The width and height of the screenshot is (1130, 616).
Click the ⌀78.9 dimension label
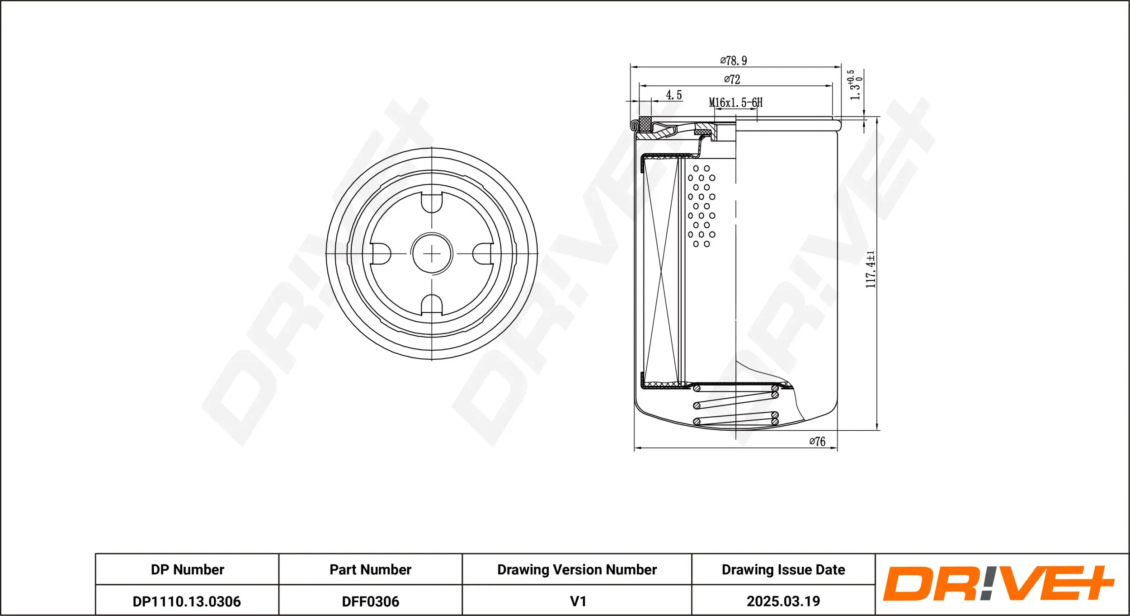tap(734, 60)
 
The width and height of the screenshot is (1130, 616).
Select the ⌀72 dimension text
tap(732, 79)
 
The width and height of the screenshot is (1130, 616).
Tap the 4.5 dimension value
tap(673, 95)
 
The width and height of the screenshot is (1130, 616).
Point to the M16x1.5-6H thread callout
tap(735, 103)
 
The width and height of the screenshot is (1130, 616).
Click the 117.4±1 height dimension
tap(871, 269)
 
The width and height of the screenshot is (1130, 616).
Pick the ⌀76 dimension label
tap(817, 441)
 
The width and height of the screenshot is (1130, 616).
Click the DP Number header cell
tap(187, 569)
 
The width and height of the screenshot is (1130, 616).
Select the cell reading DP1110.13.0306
tap(187, 602)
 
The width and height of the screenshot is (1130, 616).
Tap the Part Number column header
tap(370, 569)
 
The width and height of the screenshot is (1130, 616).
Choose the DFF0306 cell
tap(370, 602)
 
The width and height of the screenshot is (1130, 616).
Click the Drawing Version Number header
tap(577, 569)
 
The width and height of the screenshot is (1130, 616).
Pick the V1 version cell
tap(578, 602)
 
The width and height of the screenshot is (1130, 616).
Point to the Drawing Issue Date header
tap(783, 569)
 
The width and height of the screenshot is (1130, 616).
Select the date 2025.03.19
tap(783, 602)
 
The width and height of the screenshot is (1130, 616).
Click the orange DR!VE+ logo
tap(998, 583)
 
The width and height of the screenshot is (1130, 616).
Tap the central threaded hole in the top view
tap(432, 254)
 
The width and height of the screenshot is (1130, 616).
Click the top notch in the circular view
tap(432, 202)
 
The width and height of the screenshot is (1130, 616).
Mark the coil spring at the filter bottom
tap(736, 404)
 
